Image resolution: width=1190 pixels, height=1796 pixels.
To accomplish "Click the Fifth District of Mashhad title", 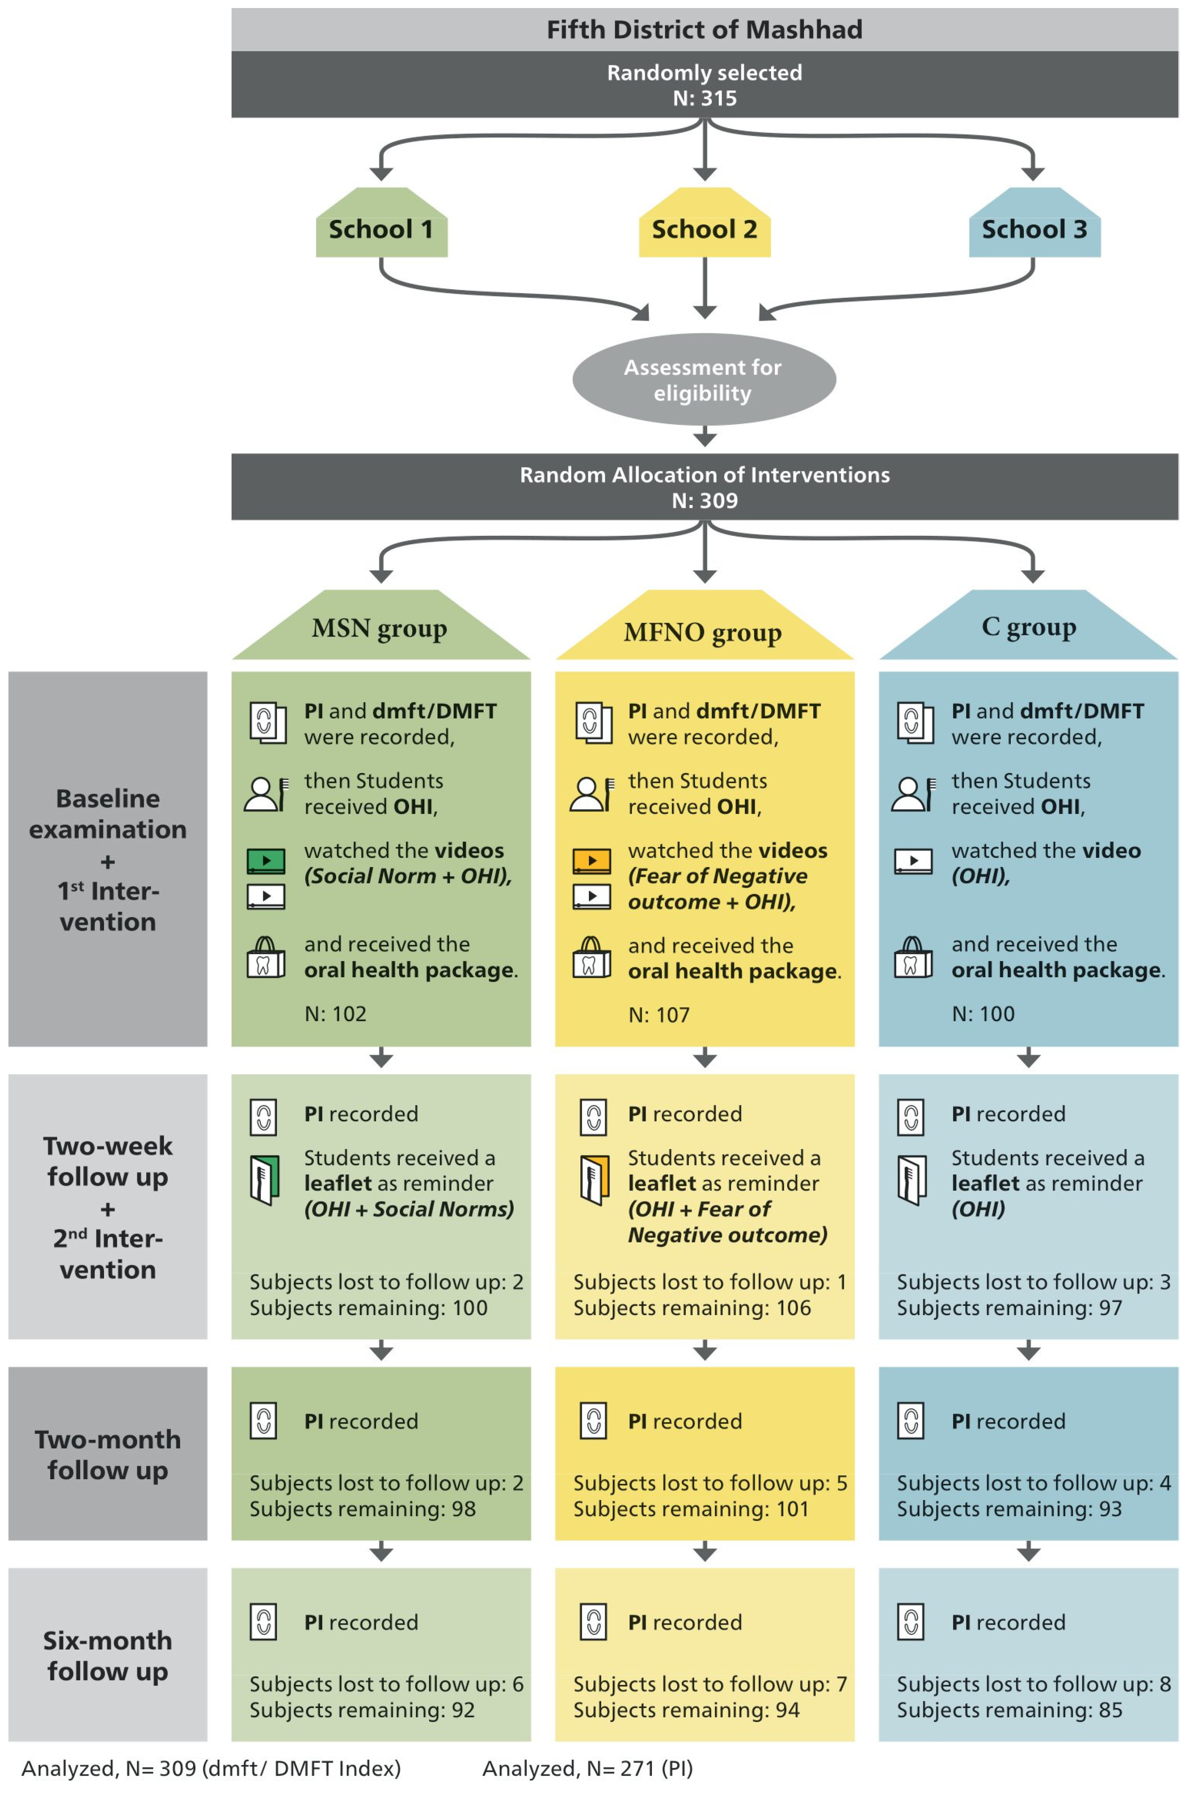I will click(x=704, y=30).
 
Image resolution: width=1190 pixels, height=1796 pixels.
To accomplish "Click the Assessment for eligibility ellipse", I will click(x=703, y=380).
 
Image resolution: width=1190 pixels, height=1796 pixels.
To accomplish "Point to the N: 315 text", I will click(x=704, y=99).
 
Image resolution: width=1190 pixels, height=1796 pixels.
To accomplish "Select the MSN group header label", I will click(x=380, y=628).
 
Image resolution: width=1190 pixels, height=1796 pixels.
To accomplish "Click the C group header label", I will click(x=1029, y=627).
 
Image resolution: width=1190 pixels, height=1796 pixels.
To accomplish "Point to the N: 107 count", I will click(x=659, y=1015).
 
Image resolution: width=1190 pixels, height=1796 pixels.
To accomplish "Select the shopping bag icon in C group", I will click(x=913, y=957).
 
